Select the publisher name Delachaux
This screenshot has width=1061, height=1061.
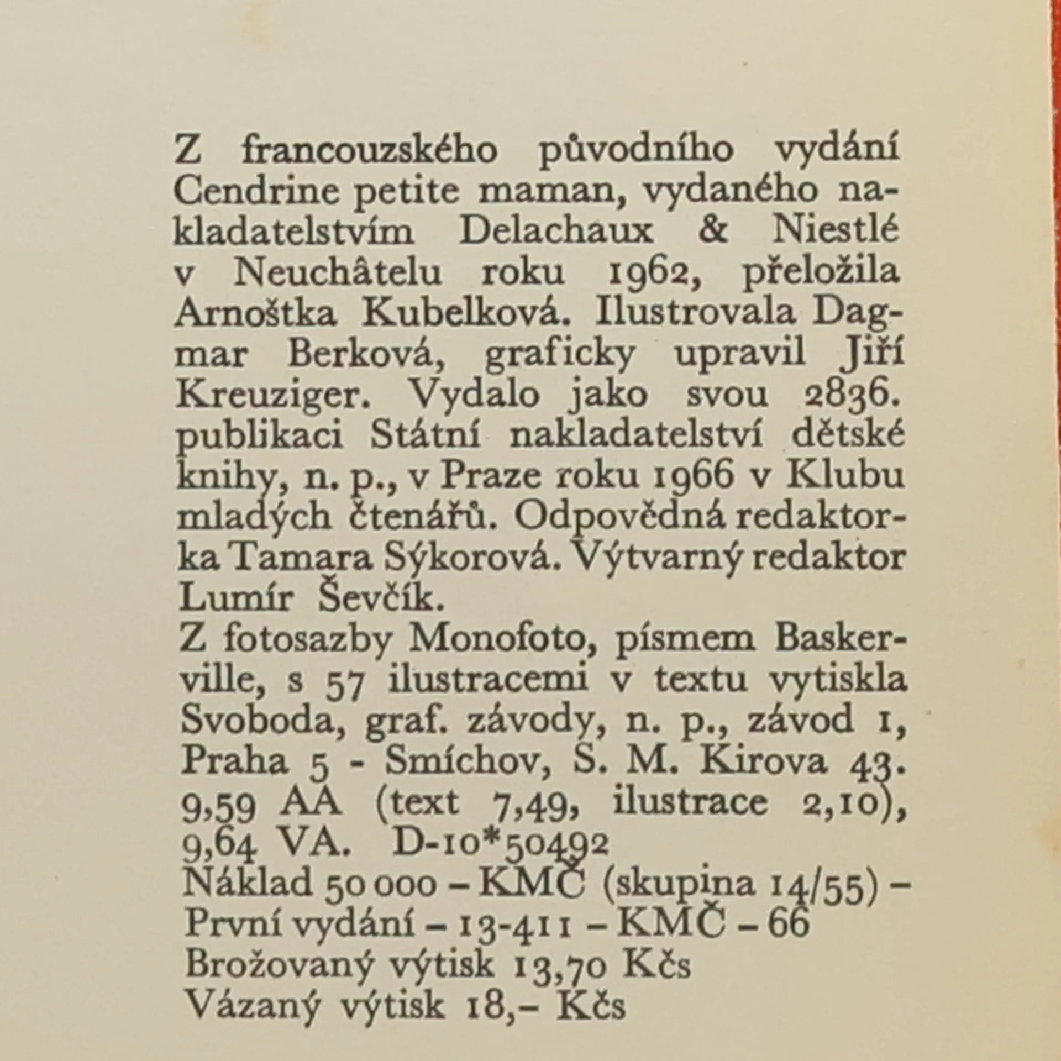click(x=556, y=232)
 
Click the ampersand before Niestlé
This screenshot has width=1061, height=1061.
click(x=714, y=232)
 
